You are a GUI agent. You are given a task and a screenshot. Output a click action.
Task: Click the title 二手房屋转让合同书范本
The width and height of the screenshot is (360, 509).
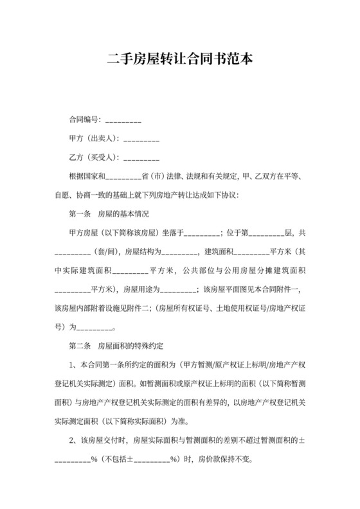click(180, 59)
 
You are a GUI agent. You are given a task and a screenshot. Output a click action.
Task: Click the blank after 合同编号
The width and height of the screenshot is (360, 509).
click(122, 120)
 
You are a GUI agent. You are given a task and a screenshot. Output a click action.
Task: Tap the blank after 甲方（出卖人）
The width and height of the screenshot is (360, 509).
click(140, 138)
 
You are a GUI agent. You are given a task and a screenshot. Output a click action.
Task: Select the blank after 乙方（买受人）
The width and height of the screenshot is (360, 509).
click(140, 157)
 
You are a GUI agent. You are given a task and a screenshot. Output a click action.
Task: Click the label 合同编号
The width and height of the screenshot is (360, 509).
click(84, 120)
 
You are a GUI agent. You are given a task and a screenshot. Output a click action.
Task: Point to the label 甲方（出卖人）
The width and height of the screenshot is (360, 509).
click(93, 138)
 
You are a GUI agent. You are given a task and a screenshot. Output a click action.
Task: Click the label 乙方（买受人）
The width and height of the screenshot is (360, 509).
click(93, 157)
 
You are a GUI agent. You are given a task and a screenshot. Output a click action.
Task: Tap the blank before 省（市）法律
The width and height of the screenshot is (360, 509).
click(122, 175)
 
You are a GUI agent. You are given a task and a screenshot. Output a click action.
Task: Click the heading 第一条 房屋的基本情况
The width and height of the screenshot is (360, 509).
click(109, 213)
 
